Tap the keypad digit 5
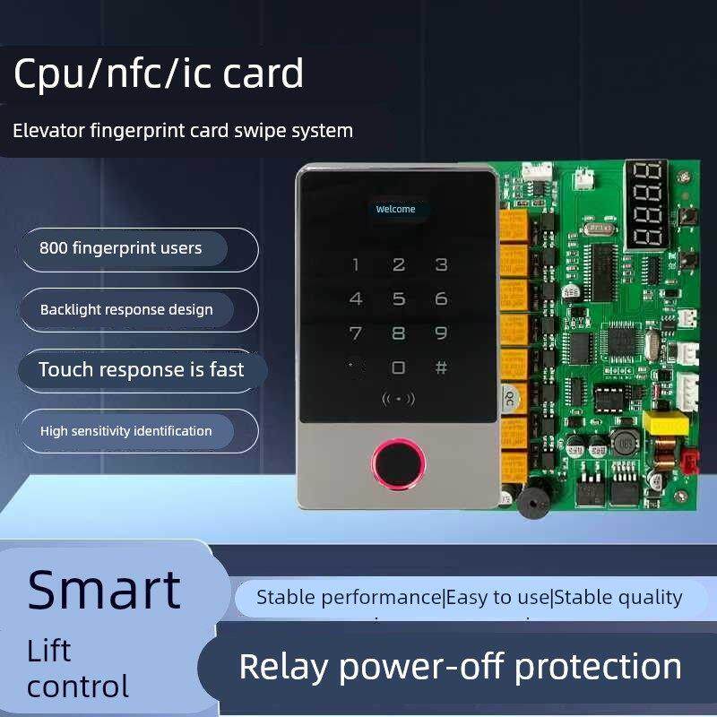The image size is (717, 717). [x=398, y=298]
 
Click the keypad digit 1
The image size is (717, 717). [x=356, y=264]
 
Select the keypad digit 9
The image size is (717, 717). [x=441, y=333]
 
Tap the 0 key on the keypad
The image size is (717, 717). [x=398, y=367]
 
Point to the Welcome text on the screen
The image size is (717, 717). [x=395, y=209]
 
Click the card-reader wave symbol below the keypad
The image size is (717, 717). [x=398, y=399]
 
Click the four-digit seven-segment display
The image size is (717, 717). [x=646, y=204]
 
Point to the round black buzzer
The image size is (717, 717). [x=534, y=499]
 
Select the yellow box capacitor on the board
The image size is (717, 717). [x=666, y=423]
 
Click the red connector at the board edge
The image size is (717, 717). [x=690, y=462]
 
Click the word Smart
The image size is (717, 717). [x=104, y=590]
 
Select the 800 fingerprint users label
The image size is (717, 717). [x=121, y=248]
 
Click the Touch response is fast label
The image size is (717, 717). [x=142, y=369]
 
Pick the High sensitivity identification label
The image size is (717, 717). [x=126, y=431]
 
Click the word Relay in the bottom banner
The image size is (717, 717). [x=283, y=667]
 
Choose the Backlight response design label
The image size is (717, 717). [x=126, y=309]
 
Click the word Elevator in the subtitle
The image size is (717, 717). [x=49, y=131]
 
